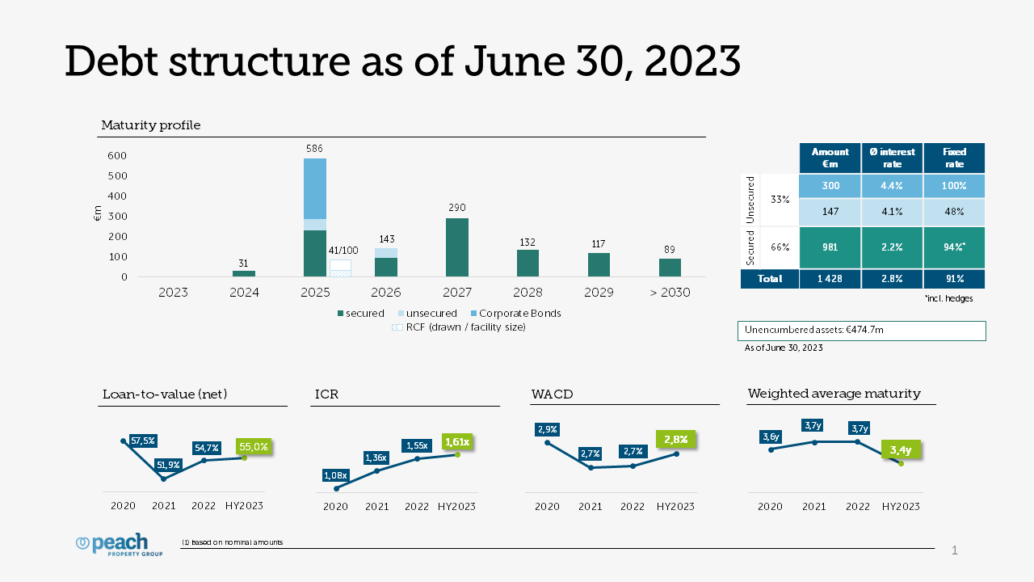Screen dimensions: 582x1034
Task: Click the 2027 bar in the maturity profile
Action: (456, 247)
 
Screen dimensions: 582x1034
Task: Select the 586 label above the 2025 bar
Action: (315, 149)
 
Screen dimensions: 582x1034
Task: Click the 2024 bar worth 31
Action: (244, 274)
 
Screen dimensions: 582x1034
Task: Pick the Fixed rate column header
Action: (954, 158)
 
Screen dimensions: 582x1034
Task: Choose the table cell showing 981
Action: (830, 247)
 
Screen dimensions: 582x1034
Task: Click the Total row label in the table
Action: (770, 279)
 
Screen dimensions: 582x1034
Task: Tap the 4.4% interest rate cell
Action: (892, 186)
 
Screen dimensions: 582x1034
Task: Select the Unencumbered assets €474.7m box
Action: (861, 331)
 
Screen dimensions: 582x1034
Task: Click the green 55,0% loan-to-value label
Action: (254, 446)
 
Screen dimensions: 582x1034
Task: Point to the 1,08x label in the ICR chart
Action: (334, 475)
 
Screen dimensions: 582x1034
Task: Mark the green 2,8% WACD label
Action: (675, 440)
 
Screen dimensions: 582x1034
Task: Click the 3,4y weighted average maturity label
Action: (901, 450)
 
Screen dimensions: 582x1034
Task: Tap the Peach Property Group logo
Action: (119, 546)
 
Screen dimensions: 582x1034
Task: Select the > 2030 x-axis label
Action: (670, 293)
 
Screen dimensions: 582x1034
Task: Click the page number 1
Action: (955, 551)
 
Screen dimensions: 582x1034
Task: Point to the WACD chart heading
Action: (552, 394)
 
